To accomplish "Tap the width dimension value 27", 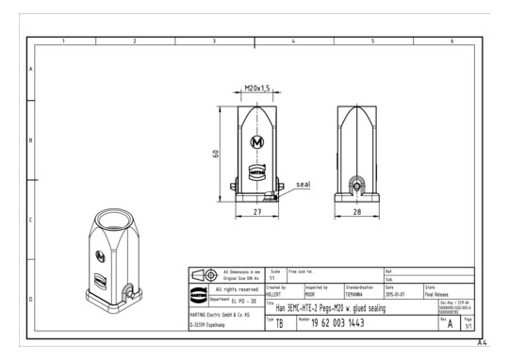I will point(255,214).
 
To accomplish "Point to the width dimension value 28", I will point(356,214).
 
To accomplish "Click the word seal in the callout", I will point(303,184).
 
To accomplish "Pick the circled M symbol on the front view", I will point(255,142).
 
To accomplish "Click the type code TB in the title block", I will point(279,324).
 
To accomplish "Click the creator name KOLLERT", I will point(274,293).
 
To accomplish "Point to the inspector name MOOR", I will point(311,293).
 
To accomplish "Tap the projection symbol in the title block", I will point(205,274).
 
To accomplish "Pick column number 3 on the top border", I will point(214,41).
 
